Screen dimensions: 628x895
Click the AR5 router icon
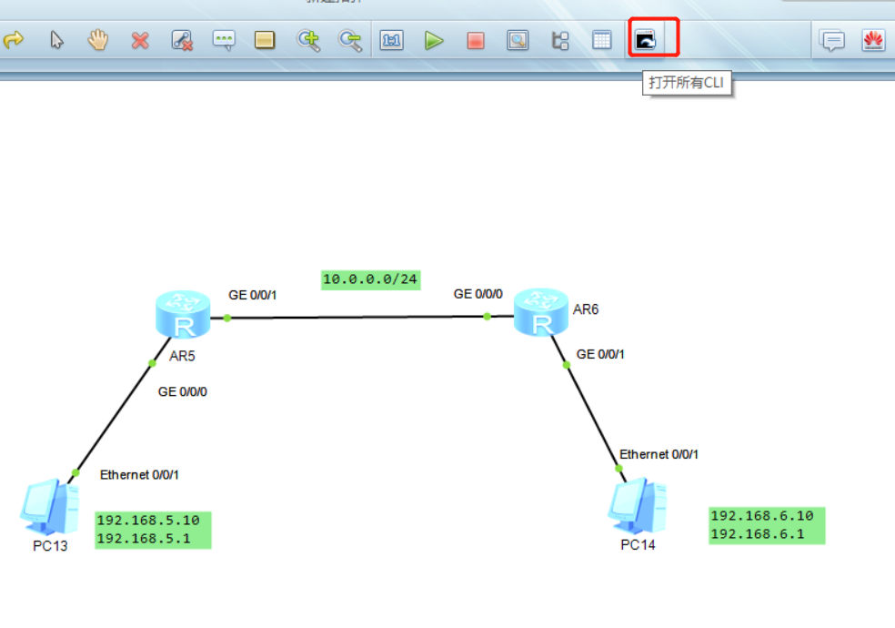[x=183, y=314]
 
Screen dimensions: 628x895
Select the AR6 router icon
[x=540, y=311]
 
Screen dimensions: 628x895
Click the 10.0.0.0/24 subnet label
[x=371, y=279]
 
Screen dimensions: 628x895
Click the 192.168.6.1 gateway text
[x=757, y=533]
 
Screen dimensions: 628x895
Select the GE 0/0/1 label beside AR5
[x=253, y=295]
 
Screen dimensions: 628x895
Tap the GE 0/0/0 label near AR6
[x=478, y=294]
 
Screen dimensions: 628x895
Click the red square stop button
[x=476, y=40]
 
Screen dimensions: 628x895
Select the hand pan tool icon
[x=97, y=40]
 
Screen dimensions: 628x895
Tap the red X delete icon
[x=139, y=40]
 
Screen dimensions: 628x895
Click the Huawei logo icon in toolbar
[x=873, y=40]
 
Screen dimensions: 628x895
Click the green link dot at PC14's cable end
[x=618, y=469]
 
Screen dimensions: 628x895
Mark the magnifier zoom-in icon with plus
[x=309, y=40]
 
